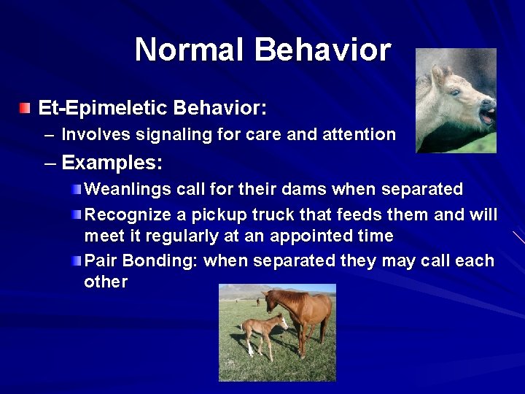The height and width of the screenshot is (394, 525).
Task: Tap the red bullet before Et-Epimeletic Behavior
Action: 26,109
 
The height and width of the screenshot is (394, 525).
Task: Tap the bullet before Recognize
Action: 78,215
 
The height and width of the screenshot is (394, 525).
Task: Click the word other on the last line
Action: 106,282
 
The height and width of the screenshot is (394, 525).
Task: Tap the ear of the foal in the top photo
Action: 437,73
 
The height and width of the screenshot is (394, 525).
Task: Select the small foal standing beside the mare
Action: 263,332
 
